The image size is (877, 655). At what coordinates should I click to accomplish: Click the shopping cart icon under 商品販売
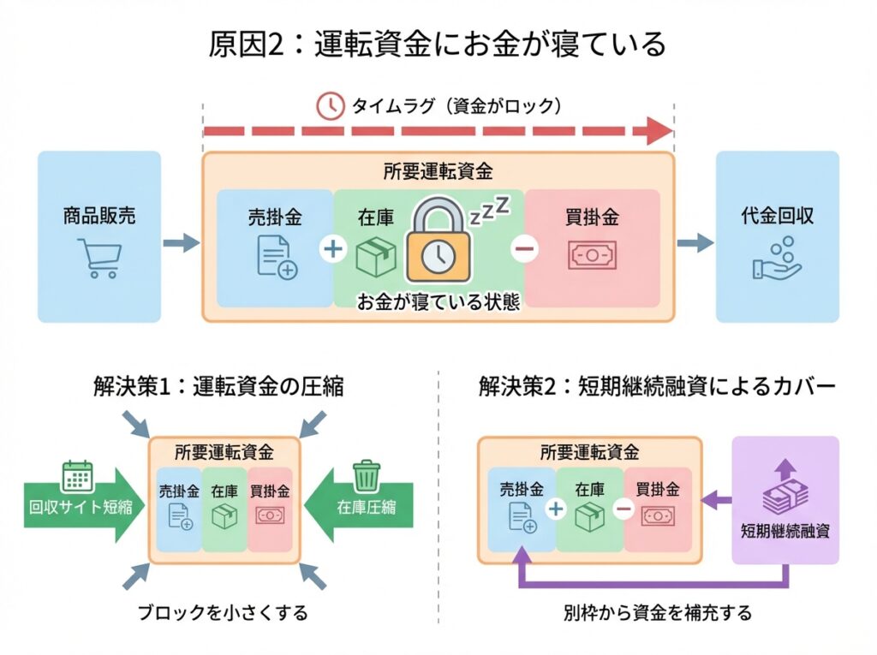coord(99,258)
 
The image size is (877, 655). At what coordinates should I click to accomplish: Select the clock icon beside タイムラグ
coord(328,106)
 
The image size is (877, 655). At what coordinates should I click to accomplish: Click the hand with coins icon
coord(777,259)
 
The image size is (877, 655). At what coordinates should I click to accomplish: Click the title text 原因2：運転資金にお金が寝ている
coord(437,43)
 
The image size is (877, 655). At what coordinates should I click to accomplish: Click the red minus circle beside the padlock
coord(523,249)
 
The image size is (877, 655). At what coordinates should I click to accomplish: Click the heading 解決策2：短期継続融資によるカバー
coord(657,387)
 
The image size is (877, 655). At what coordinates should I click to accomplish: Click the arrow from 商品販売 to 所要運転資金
coord(180,244)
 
